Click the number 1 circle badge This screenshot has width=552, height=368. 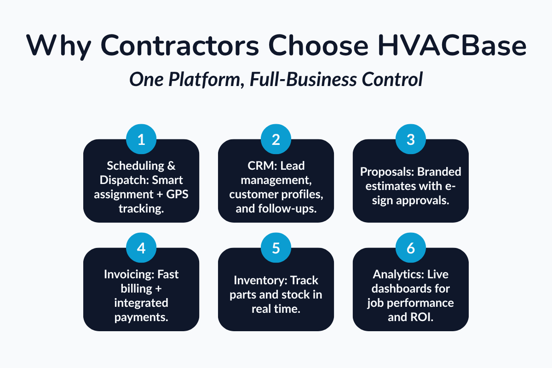141,139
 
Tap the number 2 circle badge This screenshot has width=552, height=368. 276,139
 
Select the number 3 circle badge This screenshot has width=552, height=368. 411,139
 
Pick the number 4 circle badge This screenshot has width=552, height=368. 141,248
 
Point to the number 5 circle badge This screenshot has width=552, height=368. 276,248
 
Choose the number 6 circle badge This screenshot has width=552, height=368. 411,248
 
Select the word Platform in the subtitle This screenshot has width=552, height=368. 198,80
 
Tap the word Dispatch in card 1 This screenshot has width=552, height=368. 121,180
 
